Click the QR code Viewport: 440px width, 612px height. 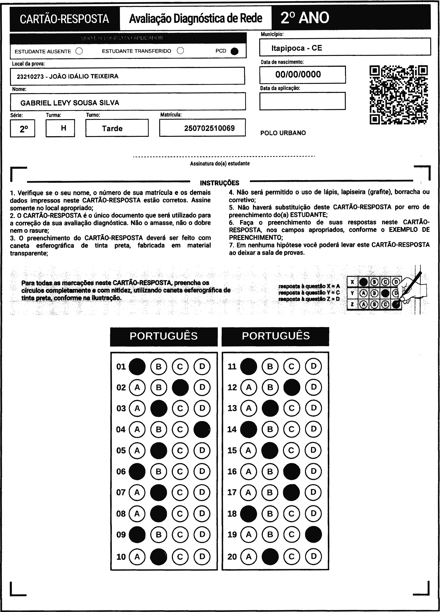pos(399,95)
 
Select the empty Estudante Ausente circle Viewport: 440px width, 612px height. pos(79,51)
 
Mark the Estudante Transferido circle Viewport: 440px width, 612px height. pos(180,51)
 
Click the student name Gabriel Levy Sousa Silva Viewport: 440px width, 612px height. pos(70,103)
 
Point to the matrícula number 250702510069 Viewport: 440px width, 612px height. pos(209,128)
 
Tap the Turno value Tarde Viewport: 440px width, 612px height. pos(112,129)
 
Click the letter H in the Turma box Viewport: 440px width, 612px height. pos(63,128)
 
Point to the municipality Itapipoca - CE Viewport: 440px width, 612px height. pos(297,48)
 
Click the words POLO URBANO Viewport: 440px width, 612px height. pos(283,133)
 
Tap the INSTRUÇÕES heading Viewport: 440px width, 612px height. pos(219,183)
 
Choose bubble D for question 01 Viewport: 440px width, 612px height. pos(202,366)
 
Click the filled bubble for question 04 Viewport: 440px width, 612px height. pos(202,429)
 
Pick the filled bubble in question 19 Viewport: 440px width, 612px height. pos(313,534)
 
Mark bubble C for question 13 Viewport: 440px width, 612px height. pos(292,408)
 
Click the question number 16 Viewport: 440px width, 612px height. pos(232,471)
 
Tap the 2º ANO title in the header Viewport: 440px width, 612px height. pos(305,18)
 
